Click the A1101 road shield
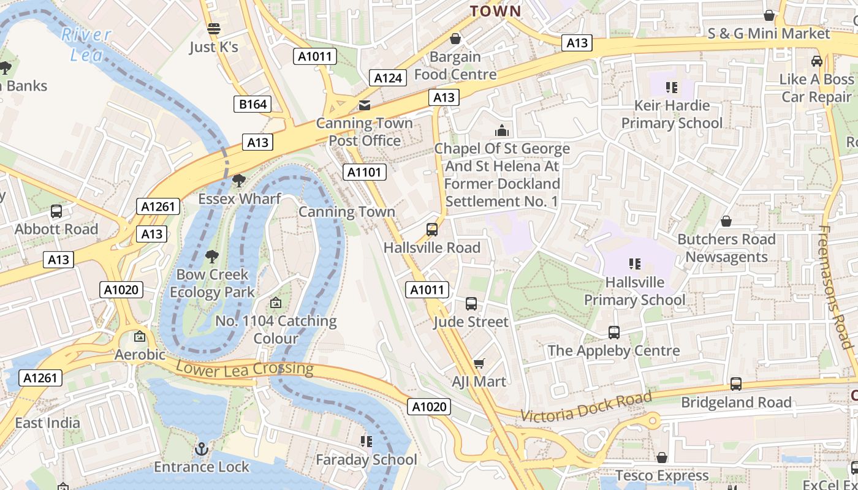coord(365,172)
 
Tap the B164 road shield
coord(252,104)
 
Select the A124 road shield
coord(388,78)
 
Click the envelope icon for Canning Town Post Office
coord(365,105)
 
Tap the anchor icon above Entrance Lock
coord(201,450)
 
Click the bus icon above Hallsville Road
coord(432,230)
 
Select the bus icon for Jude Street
coord(471,304)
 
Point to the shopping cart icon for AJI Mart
coord(479,364)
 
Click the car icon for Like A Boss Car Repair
coord(816,61)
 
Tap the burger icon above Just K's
coord(213,29)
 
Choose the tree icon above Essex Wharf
coord(239,181)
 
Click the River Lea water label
coord(86,44)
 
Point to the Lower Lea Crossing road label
coord(245,368)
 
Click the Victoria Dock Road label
coord(586,407)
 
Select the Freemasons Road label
coord(836,287)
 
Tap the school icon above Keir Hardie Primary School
coord(672,88)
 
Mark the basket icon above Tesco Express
coord(662,458)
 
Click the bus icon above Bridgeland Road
coord(735,384)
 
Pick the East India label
coord(47,423)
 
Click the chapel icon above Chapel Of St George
coord(502,130)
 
